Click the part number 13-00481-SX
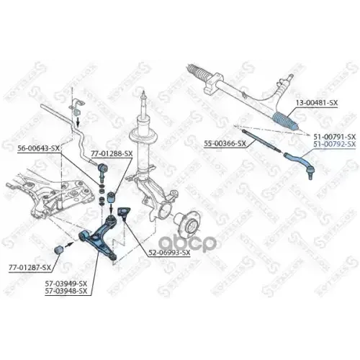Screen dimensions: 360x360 319,104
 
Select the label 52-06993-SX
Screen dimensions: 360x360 169,253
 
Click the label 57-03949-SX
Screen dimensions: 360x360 65,284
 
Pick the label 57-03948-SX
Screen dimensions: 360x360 65,292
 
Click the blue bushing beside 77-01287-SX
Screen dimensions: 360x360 61,249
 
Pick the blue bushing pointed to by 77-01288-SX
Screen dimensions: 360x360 114,196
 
